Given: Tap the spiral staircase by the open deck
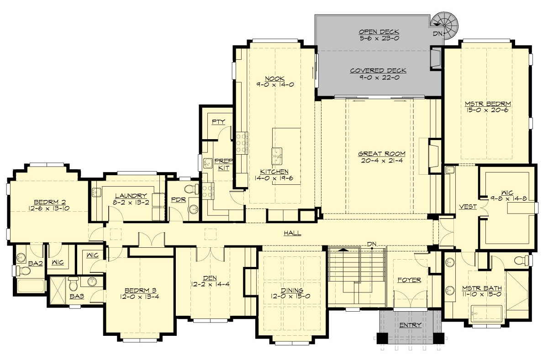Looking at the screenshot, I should pos(446,23).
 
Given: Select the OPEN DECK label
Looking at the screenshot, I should pos(379,31).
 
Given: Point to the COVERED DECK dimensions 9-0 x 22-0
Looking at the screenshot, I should pos(379,78).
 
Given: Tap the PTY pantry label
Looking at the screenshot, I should pos(217,121).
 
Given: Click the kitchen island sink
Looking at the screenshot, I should pos(277,155).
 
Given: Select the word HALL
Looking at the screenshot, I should pos(292,233).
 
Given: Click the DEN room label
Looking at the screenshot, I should pos(210,277).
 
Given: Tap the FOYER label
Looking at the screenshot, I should pos(409,280).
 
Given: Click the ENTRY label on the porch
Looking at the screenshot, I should pos(411,325).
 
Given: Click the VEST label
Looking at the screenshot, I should pos(468,207).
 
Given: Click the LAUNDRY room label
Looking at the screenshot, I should pos(131,195).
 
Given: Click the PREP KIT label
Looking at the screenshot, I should pos(222,164).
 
